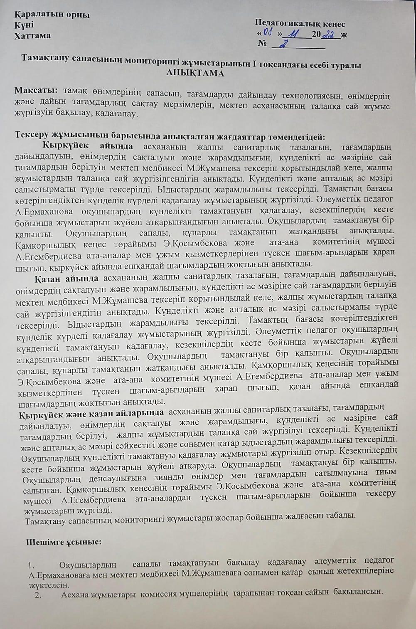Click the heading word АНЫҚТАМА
point(195,74)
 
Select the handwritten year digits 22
point(332,35)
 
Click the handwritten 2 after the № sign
point(286,45)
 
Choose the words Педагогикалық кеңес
point(300,24)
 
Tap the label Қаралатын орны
point(52,15)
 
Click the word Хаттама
point(33,35)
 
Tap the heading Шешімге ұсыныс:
point(64,542)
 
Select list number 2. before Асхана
point(39,594)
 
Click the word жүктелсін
point(42,585)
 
